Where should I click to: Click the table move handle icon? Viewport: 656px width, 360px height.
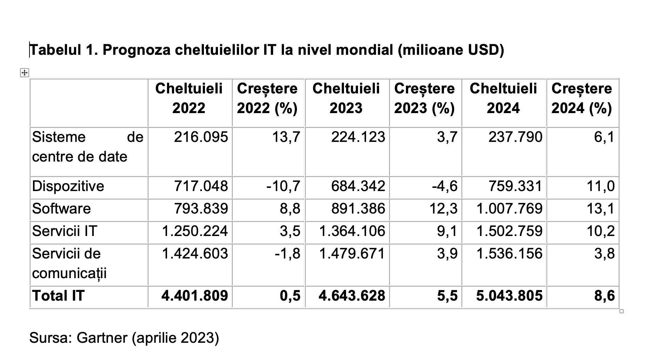point(25,73)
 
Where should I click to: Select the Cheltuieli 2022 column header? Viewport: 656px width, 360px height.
point(189,98)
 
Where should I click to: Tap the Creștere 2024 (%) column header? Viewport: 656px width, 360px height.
point(582,98)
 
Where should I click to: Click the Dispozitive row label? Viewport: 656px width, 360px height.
point(68,186)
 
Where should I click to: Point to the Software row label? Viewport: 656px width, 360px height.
point(61,209)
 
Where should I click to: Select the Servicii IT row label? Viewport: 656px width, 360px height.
point(65,231)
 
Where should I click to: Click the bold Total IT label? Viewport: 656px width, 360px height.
point(58,296)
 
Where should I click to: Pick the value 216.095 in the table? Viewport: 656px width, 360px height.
point(201,137)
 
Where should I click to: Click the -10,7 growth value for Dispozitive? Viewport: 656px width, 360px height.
point(283,186)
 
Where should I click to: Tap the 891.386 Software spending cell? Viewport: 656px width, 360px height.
point(358,209)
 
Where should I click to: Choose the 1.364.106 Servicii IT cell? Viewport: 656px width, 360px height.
point(352,231)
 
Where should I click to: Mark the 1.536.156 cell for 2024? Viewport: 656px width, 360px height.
point(509,254)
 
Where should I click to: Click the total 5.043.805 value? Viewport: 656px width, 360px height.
point(509,296)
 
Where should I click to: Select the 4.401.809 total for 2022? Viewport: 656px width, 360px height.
point(195,296)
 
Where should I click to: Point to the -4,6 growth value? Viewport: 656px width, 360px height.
point(445,186)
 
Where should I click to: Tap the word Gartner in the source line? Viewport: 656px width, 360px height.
point(102,338)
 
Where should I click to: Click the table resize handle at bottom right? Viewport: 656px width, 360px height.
point(622,311)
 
